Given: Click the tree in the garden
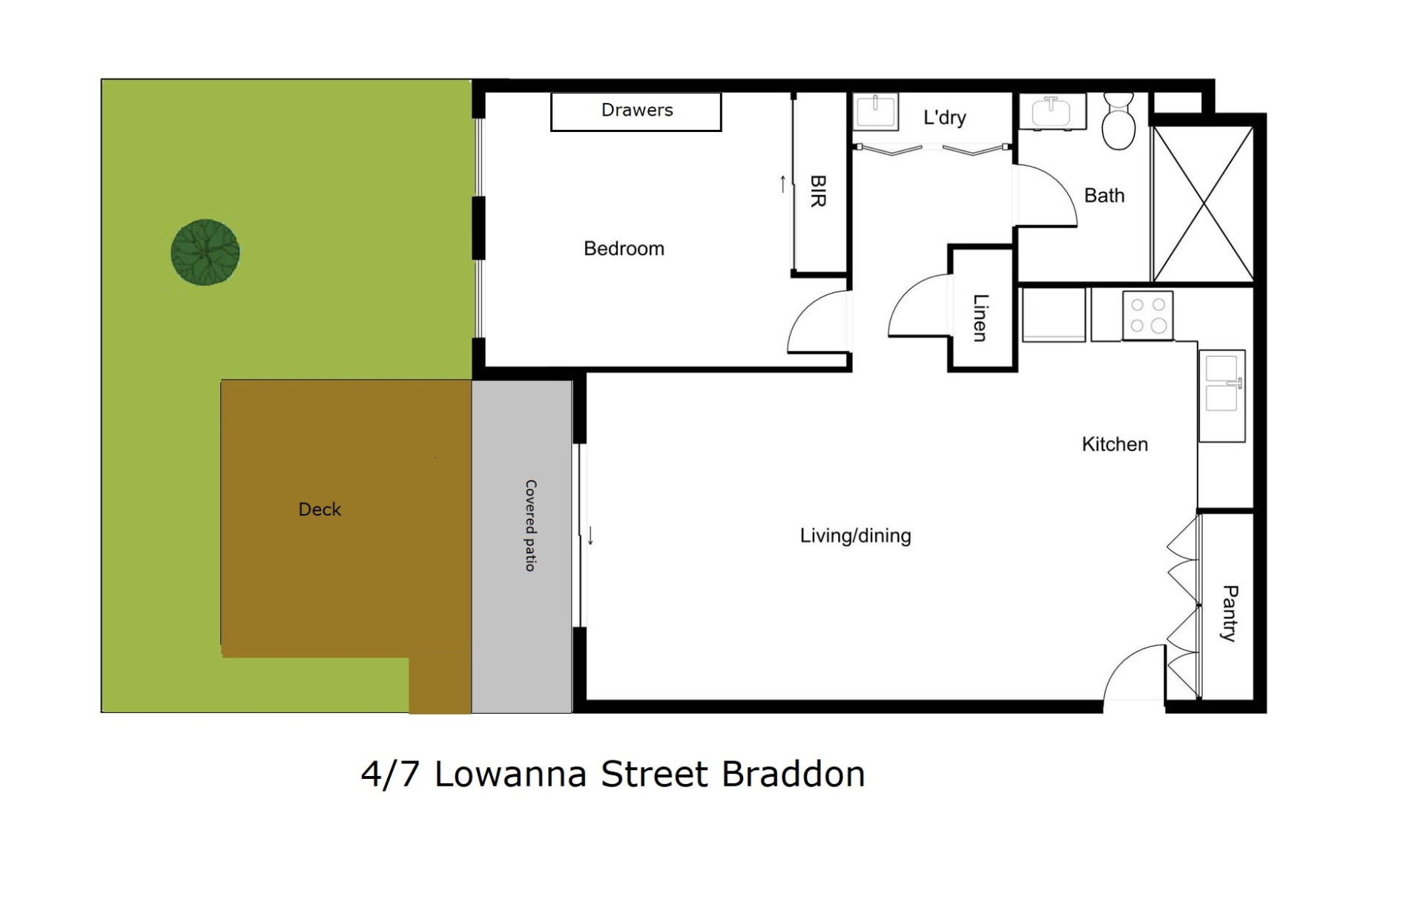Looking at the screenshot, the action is click(x=205, y=252).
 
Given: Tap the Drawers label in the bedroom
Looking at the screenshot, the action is click(x=637, y=111).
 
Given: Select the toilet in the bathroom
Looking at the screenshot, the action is click(x=1118, y=121).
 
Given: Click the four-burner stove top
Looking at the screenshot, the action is click(x=1148, y=315).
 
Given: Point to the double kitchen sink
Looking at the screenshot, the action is click(x=1222, y=395).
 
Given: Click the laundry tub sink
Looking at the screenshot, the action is click(x=875, y=111).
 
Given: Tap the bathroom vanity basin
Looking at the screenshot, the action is click(x=1052, y=112).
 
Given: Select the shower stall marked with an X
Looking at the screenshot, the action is click(x=1203, y=204).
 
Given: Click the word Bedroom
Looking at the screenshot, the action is click(x=624, y=249).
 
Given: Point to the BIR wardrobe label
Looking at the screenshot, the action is click(x=818, y=191).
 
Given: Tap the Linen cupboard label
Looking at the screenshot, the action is click(x=980, y=318).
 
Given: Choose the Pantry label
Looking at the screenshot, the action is click(x=1230, y=613).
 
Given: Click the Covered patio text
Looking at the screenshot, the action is click(x=530, y=525).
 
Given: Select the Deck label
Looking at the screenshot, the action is click(x=320, y=510).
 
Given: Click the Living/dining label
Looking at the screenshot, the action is click(x=855, y=536).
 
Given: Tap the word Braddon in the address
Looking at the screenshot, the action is click(x=794, y=774).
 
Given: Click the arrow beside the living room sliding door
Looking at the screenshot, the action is click(x=590, y=536).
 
